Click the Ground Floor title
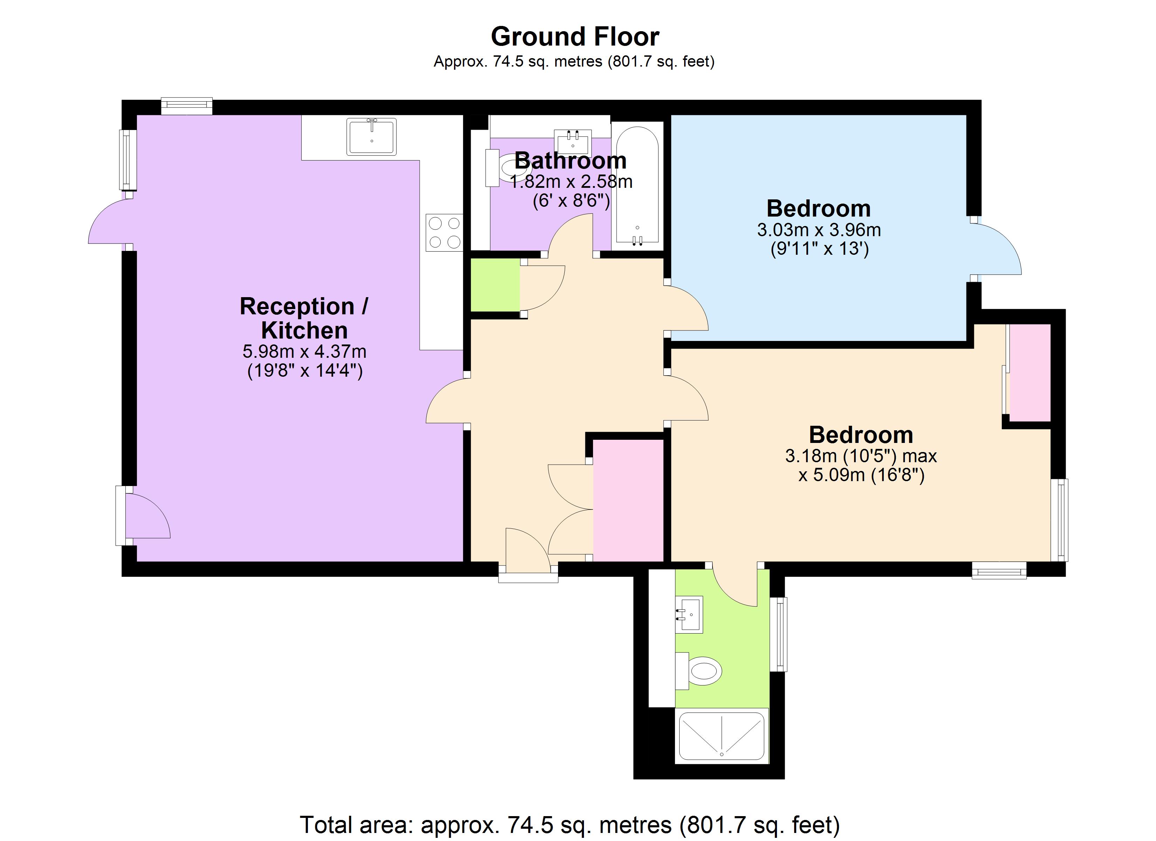(574, 37)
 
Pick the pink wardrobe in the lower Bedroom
(1030, 373)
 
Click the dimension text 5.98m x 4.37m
(304, 351)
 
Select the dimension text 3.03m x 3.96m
(819, 230)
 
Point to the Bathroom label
(570, 161)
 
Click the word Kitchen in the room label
(304, 330)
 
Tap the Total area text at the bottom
(569, 825)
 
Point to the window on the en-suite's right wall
(780, 634)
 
